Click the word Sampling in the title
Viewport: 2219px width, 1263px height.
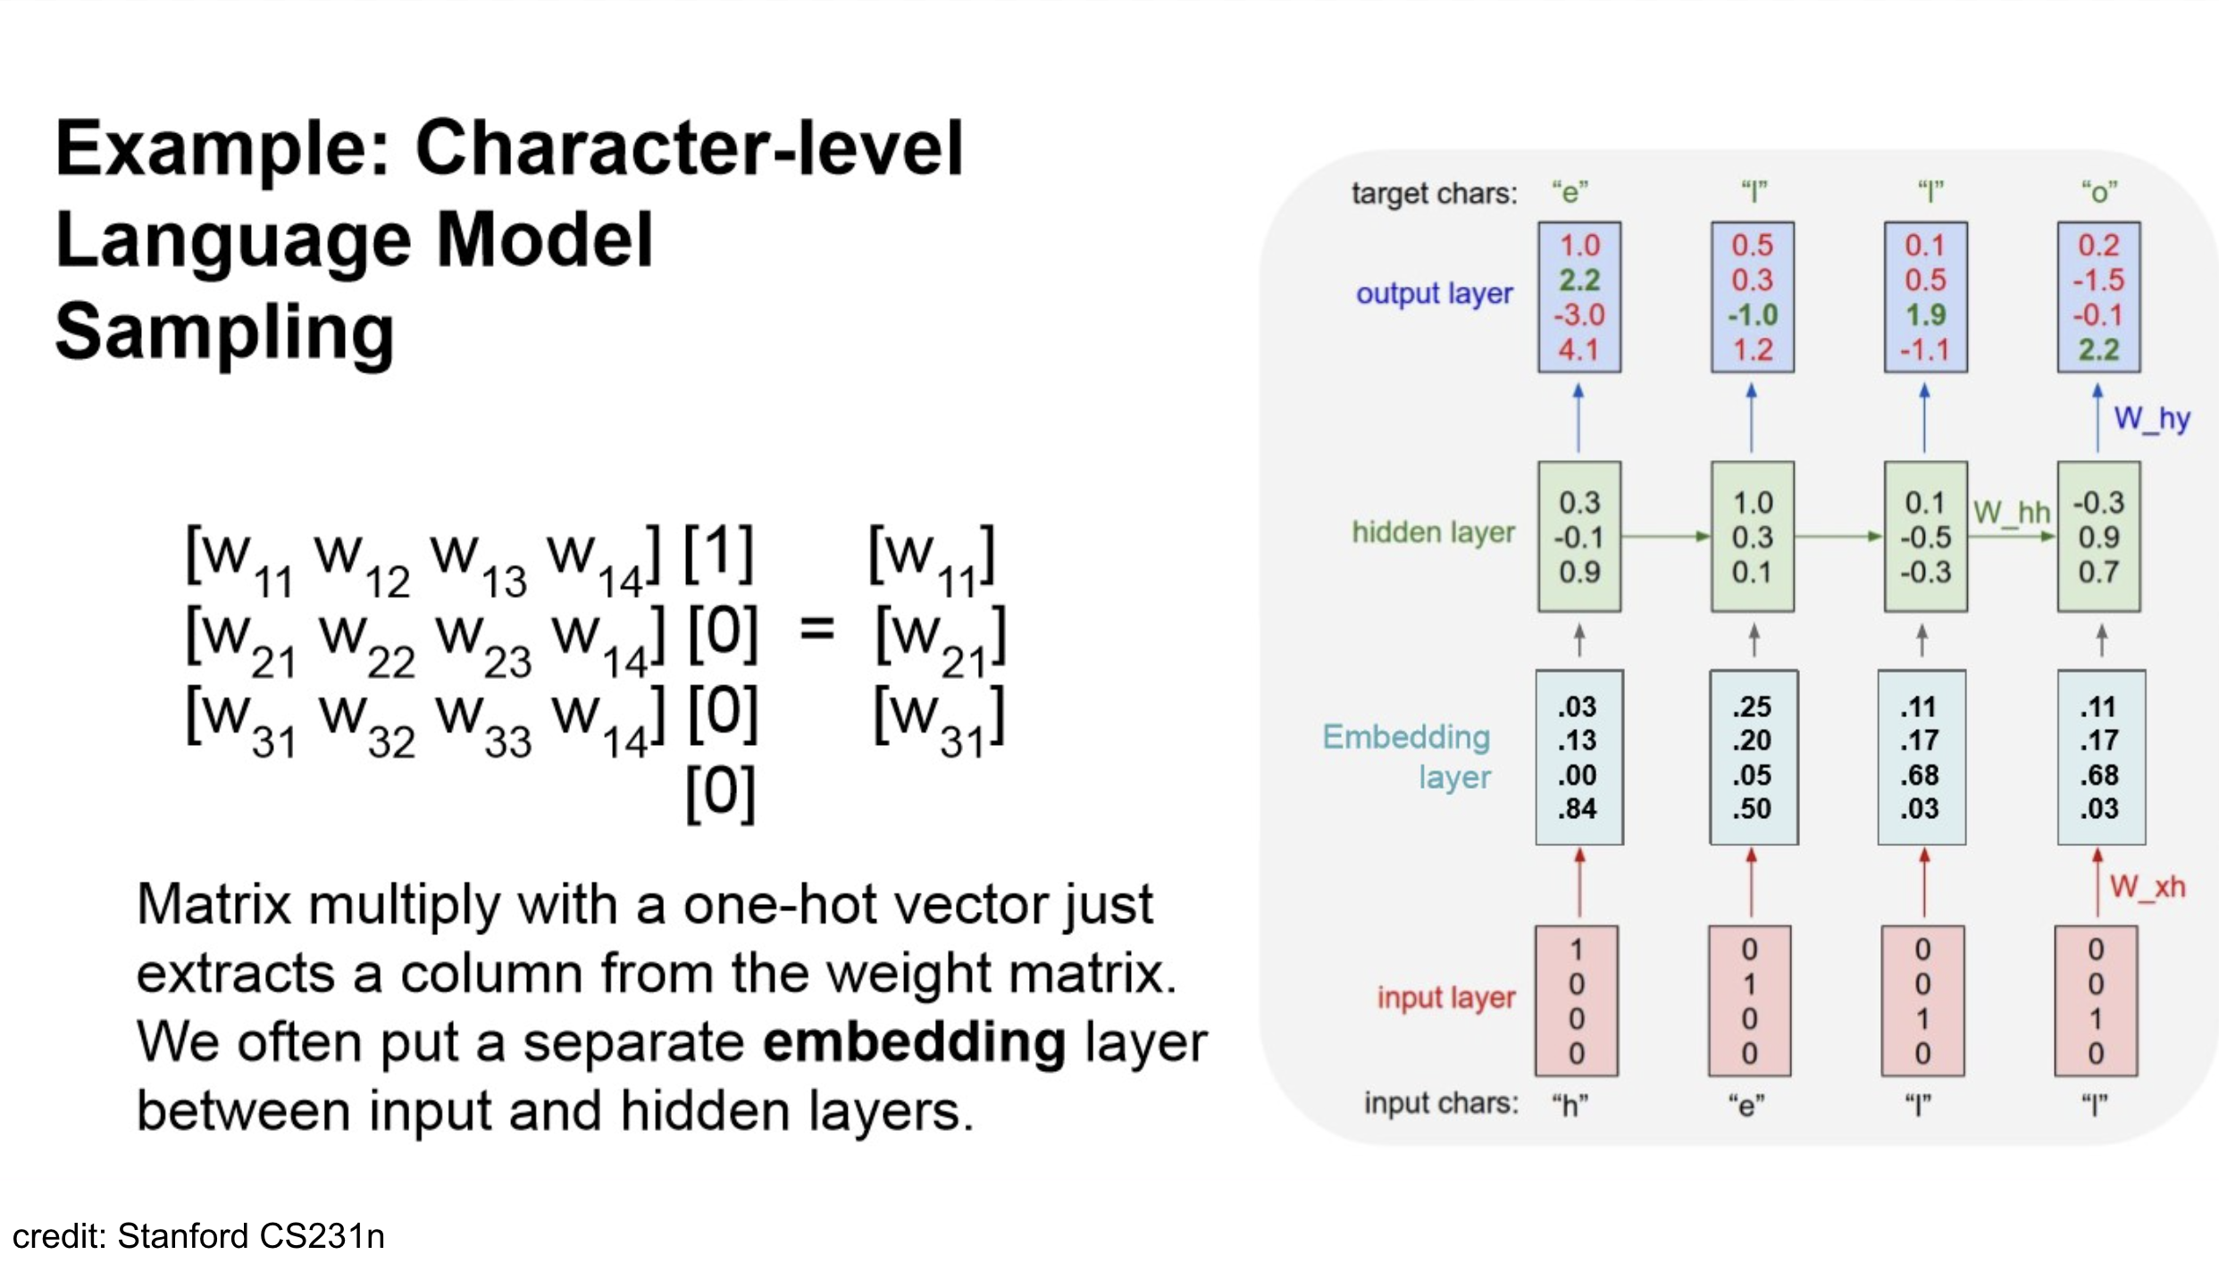(224, 333)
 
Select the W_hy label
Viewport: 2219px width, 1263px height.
(2151, 418)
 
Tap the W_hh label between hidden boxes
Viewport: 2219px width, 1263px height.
(2011, 513)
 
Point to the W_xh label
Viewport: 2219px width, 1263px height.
(2147, 887)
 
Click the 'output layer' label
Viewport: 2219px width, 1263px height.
(1434, 294)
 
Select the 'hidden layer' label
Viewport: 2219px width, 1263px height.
(1433, 532)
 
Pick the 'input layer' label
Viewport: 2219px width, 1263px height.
(1445, 997)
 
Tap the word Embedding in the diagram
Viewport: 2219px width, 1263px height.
(1406, 737)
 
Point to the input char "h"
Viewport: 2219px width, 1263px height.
(1570, 1105)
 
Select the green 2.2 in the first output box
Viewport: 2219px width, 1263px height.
(1579, 280)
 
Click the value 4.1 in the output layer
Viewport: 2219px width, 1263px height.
(1579, 350)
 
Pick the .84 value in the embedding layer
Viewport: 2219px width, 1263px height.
(1578, 809)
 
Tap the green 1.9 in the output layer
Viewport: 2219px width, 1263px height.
(1925, 315)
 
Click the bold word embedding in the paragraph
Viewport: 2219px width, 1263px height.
(914, 1042)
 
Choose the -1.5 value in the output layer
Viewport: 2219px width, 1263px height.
(2098, 280)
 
